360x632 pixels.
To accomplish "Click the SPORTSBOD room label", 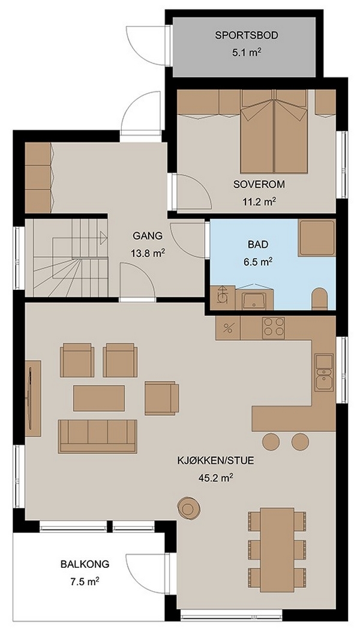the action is coord(247,35).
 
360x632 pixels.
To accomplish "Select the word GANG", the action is coord(148,236).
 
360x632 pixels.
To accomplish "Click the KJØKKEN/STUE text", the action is coord(215,461).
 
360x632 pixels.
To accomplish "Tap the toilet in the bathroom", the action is coord(321,299).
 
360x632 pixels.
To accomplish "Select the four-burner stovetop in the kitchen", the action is coord(274,328).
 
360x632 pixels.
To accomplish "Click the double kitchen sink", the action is coord(324,373).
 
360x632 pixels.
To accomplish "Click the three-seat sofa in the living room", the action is coord(98,436).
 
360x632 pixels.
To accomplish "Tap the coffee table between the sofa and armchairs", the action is coord(99,398).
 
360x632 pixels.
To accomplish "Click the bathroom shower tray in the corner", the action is coord(317,238).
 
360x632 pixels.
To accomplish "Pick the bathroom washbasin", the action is coord(253,299).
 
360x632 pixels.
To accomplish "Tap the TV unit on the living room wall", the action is coord(32,398).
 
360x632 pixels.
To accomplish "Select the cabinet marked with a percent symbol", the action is coord(228,328).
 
